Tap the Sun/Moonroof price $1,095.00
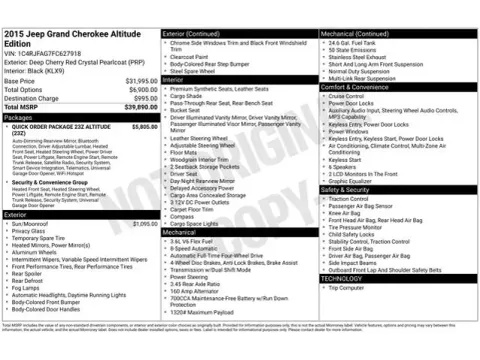click(x=146, y=224)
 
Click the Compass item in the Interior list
click(x=186, y=216)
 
